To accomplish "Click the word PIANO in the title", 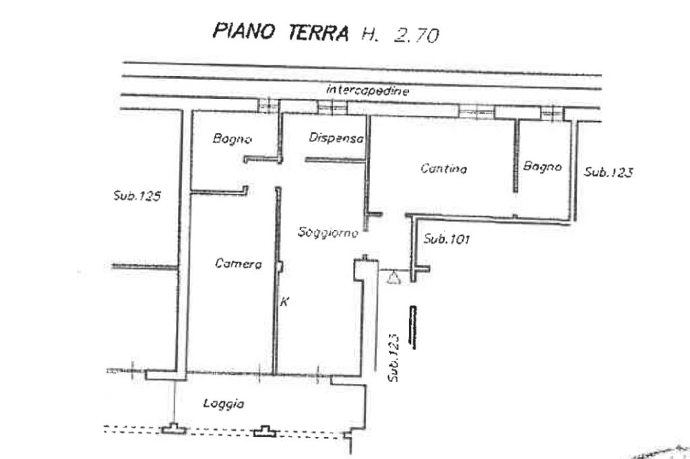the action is (x=244, y=31).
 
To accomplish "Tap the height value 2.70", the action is (x=416, y=35).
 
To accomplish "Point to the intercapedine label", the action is (x=367, y=90).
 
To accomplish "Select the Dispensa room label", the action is (x=336, y=137).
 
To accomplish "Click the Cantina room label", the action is (x=443, y=168).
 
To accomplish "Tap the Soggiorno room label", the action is (x=328, y=232).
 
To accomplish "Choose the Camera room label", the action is (x=238, y=263).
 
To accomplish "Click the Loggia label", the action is (x=224, y=404).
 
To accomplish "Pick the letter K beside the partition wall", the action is (x=285, y=302).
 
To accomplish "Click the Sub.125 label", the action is (x=137, y=195).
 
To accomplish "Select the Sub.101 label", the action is (x=447, y=239).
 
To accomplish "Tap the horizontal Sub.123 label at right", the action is (x=608, y=172).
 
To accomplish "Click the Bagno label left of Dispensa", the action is (x=232, y=139).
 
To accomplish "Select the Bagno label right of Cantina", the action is (x=542, y=166).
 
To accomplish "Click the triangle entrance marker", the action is (x=394, y=277).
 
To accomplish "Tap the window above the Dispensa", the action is (x=332, y=107).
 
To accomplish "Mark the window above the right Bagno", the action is (x=552, y=113).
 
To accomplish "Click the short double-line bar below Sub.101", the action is (x=413, y=328).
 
